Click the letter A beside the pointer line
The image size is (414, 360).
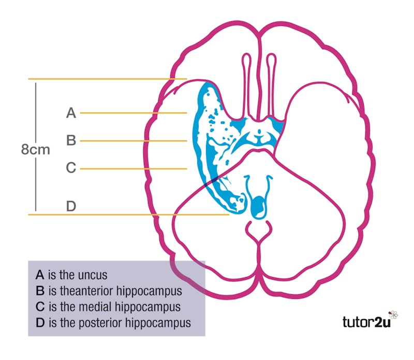point(71,112)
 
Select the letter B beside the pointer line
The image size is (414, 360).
point(71,140)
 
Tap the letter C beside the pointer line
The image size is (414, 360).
point(71,168)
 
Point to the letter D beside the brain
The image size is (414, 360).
point(71,206)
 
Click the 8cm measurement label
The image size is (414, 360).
point(36,150)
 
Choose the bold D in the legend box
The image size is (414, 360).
point(40,323)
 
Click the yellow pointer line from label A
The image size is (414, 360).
point(133,112)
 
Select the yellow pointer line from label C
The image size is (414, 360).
point(133,168)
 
